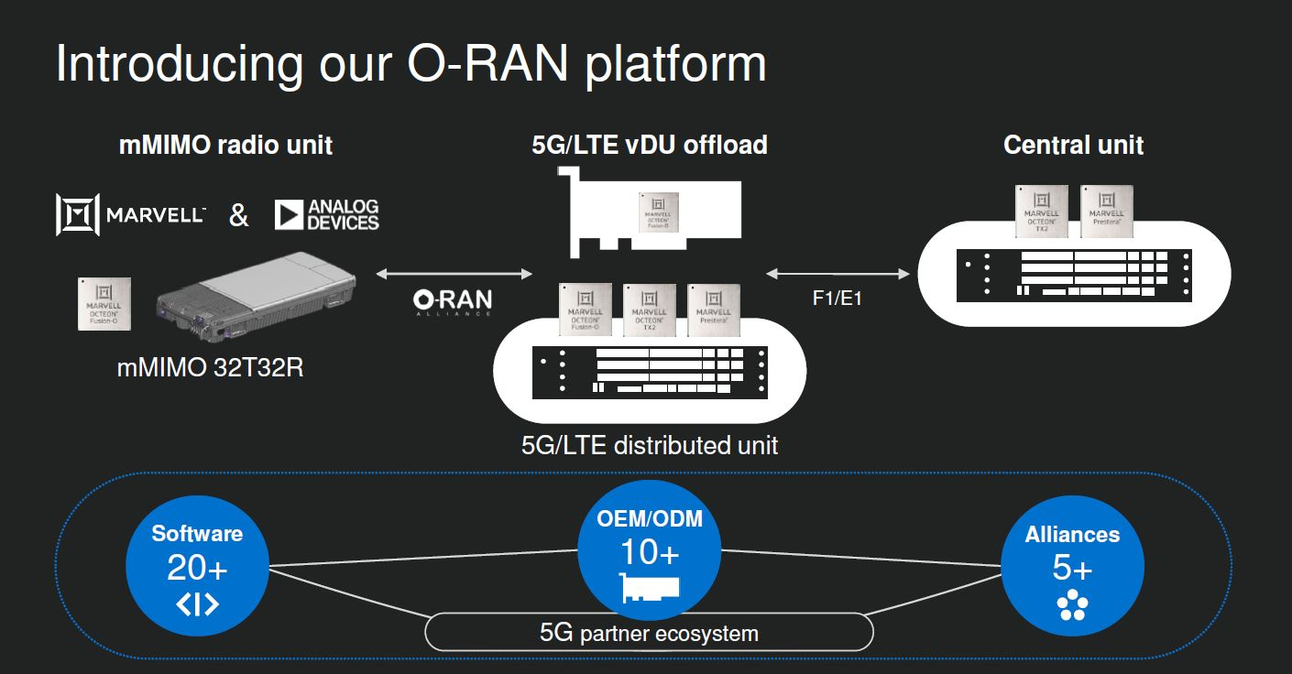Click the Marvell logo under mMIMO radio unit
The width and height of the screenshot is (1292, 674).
(130, 215)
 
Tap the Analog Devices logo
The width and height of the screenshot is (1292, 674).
(327, 215)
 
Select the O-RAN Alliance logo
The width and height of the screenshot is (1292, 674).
(452, 301)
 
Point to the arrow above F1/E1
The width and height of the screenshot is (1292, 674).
(836, 273)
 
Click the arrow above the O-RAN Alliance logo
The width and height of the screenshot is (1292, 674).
(454, 273)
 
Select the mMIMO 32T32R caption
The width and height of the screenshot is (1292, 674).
(210, 367)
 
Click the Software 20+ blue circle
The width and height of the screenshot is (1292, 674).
(197, 565)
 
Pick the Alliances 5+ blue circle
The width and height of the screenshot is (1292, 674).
(1072, 565)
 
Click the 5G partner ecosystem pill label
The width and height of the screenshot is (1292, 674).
(649, 633)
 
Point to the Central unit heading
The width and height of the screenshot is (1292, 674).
(1073, 145)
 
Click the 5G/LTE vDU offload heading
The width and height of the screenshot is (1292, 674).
(649, 145)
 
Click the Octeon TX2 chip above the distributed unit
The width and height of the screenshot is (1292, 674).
(649, 310)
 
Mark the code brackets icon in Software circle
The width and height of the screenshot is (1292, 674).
(197, 605)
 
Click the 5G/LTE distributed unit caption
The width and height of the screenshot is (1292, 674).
(649, 445)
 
